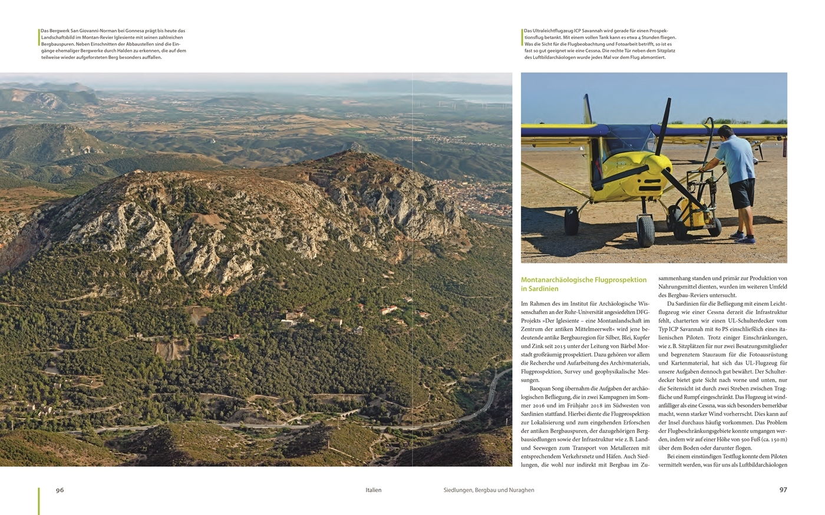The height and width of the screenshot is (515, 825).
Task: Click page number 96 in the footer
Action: (x=60, y=490)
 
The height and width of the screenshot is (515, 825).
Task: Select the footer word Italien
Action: (x=373, y=490)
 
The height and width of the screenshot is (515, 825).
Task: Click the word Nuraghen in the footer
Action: (x=520, y=490)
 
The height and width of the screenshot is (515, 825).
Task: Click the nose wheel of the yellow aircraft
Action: (x=645, y=230)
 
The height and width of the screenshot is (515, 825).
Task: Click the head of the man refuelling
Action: (x=724, y=132)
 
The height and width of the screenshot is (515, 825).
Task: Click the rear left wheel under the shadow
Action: (x=571, y=220)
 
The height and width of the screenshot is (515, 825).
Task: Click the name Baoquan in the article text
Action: (x=543, y=389)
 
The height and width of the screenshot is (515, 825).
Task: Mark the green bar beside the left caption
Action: (x=39, y=37)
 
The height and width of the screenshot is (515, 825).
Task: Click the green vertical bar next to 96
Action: (x=39, y=500)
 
